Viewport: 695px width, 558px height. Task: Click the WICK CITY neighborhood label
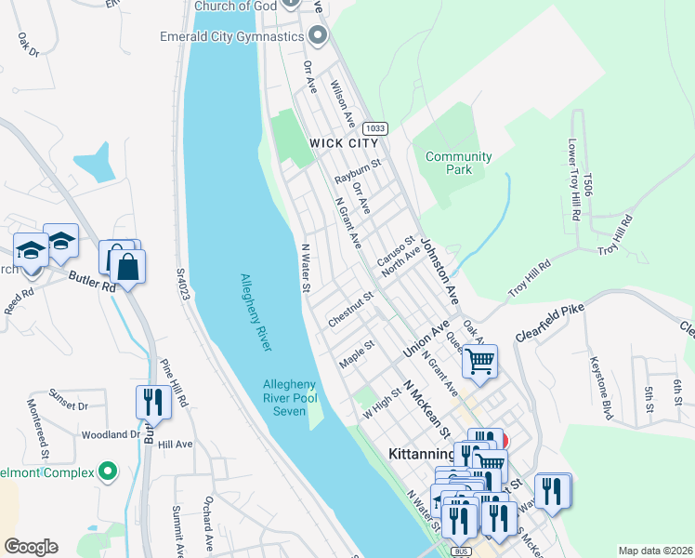(344, 143)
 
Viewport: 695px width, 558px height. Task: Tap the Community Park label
(458, 163)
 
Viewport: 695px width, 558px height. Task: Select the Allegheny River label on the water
(256, 312)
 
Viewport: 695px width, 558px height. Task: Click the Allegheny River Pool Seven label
(289, 398)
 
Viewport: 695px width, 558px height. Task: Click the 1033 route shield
(375, 128)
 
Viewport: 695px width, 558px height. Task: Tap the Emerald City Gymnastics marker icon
(319, 36)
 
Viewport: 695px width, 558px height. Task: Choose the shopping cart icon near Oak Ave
(480, 360)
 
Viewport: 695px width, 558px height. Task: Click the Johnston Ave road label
(440, 270)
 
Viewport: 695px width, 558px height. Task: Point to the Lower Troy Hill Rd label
(572, 182)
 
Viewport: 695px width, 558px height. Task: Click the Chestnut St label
(350, 309)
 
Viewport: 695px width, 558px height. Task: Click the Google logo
(31, 547)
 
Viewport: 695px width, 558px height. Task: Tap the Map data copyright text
(655, 551)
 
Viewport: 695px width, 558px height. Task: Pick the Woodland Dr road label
(111, 434)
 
